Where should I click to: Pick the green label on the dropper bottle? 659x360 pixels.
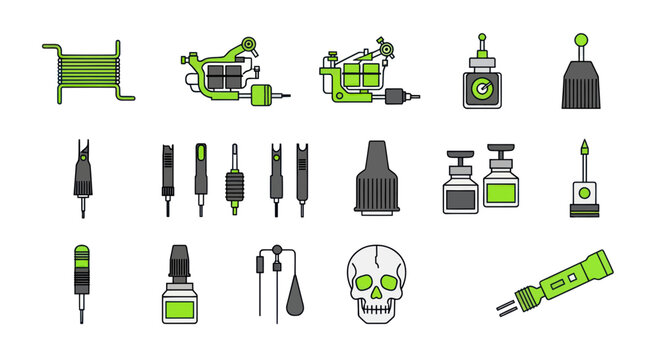pos(181,309)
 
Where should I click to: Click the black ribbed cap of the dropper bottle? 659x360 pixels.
pos(181,262)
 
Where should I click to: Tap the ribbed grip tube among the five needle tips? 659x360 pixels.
pos(236,185)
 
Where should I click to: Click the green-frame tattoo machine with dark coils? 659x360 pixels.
pos(230,75)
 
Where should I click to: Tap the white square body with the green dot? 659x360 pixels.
pos(579,191)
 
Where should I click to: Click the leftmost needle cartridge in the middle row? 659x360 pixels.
pos(82,175)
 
